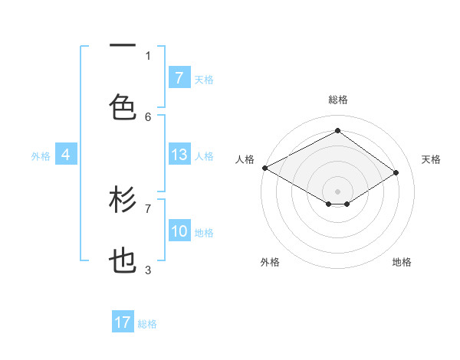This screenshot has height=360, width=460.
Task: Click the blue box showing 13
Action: (179, 155)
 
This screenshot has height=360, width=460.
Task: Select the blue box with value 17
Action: (123, 322)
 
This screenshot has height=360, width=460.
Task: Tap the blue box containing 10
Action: (179, 231)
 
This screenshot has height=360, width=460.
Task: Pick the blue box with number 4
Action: (66, 155)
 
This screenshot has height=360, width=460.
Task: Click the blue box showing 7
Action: (179, 77)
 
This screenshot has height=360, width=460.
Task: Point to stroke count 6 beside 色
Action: (149, 116)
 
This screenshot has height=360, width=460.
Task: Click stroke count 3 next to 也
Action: (149, 270)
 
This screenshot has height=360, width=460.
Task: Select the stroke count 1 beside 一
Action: (149, 55)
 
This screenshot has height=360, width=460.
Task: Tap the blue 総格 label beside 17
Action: (147, 324)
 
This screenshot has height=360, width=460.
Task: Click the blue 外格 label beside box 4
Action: (41, 156)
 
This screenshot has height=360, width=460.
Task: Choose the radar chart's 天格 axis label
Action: (431, 159)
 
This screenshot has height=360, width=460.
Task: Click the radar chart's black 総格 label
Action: (337, 100)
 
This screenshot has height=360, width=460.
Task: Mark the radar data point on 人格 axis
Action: (264, 168)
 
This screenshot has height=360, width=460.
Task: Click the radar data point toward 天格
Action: (396, 172)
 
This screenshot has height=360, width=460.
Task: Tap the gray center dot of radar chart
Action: (337, 191)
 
